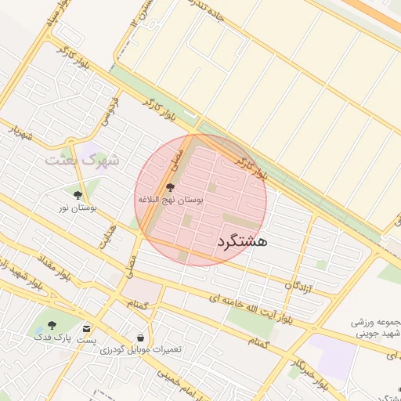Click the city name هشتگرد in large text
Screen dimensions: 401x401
click(x=240, y=240)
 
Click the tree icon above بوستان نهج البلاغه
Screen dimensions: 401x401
click(x=171, y=187)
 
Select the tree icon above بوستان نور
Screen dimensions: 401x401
click(x=78, y=194)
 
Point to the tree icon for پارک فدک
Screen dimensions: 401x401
click(x=52, y=324)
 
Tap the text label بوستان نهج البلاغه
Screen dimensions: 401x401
click(x=171, y=200)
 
